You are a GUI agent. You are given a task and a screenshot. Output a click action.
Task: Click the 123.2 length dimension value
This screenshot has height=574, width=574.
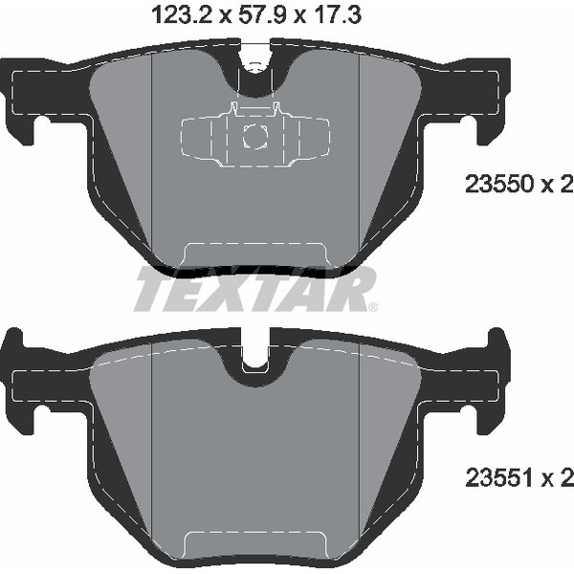(182, 15)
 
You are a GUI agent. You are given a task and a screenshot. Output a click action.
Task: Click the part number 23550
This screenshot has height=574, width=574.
(498, 184)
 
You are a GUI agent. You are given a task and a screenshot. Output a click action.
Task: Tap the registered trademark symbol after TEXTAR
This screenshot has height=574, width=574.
(373, 307)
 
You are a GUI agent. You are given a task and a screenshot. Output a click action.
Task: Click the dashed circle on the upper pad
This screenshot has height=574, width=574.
(255, 136)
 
